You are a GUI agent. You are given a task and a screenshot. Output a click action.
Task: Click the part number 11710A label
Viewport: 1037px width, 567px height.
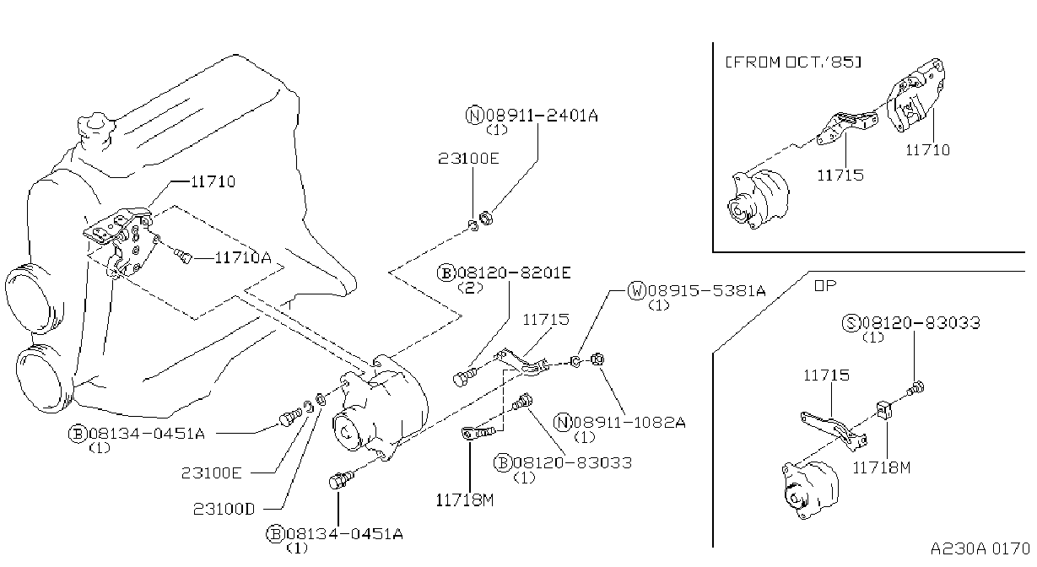243,258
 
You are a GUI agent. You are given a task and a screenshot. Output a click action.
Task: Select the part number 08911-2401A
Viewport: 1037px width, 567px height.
542,116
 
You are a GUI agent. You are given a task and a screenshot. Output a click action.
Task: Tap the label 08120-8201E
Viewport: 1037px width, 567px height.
514,273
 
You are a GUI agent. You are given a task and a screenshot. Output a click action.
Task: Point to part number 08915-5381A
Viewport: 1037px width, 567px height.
707,291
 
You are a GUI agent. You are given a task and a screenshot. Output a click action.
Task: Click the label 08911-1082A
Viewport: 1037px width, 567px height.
629,422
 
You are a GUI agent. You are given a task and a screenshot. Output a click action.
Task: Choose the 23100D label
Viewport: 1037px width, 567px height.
224,509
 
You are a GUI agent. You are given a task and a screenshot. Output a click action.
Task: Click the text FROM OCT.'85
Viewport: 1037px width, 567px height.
793,62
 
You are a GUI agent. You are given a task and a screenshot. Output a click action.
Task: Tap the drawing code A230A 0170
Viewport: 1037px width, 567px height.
980,549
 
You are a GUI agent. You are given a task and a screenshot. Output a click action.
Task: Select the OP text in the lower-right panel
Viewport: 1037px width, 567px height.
825,285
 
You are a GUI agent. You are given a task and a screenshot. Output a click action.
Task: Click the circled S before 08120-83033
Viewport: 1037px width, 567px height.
851,322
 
